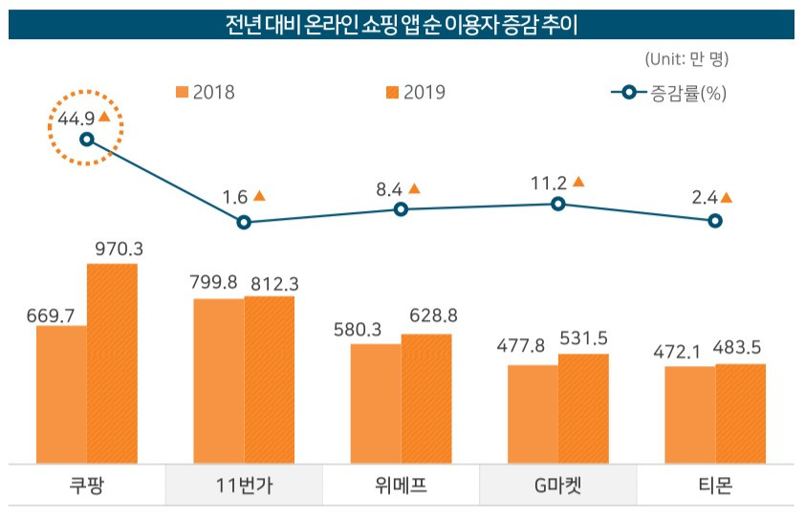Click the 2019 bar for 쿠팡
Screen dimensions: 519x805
(112, 363)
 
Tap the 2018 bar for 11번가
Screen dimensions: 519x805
(219, 380)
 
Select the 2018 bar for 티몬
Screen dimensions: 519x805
(689, 414)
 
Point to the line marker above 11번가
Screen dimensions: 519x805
(244, 222)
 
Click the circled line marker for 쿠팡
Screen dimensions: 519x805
(87, 140)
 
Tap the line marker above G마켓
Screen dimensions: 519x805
(558, 204)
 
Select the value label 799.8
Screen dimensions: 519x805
(218, 284)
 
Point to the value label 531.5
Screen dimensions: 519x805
(582, 339)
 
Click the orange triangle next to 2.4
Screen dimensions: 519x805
(727, 198)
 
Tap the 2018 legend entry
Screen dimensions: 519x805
(205, 93)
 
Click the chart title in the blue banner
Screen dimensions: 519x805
(402, 24)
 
